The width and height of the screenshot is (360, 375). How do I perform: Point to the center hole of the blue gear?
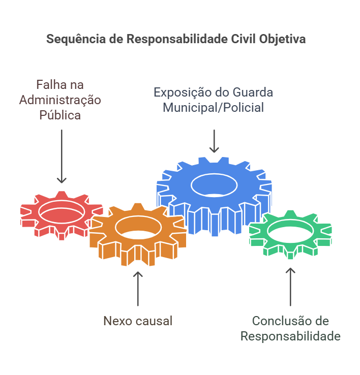click(x=214, y=184)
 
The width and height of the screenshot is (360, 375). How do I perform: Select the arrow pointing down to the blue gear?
click(x=214, y=141)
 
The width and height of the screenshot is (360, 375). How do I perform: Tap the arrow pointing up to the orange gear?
click(x=138, y=290)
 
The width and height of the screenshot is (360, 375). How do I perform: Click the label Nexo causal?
click(x=138, y=321)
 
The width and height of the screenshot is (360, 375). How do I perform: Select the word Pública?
click(x=61, y=115)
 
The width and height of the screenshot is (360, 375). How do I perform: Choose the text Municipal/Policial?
click(x=214, y=108)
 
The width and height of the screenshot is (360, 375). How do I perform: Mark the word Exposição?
click(x=182, y=92)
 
